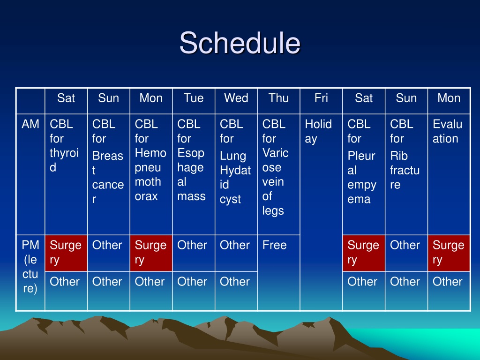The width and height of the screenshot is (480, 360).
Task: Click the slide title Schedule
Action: (x=240, y=43)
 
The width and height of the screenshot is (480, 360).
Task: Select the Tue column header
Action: (x=194, y=98)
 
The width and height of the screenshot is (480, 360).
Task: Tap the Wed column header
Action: (x=236, y=98)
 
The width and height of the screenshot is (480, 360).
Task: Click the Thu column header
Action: (x=278, y=98)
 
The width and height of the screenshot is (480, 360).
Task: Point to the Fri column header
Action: (x=321, y=98)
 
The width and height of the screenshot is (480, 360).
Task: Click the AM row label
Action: (x=30, y=124)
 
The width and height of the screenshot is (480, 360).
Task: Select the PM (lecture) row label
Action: (x=30, y=267)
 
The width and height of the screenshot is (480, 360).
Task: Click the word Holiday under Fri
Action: (x=318, y=132)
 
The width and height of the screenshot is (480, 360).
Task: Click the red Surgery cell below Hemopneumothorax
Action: (x=151, y=253)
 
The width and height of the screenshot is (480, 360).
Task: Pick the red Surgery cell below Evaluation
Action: (x=449, y=253)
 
